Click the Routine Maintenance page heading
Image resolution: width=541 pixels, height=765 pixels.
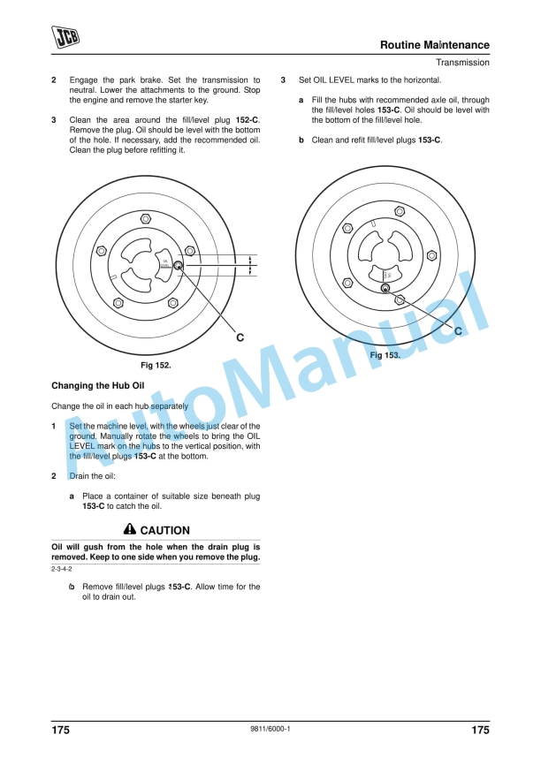434,45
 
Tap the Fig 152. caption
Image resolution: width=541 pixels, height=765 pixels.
156,365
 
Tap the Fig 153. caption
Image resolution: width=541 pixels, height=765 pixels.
385,354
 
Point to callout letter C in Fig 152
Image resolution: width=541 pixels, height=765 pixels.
240,337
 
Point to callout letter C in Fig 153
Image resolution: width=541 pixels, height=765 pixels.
459,330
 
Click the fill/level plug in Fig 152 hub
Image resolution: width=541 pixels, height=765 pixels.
178,266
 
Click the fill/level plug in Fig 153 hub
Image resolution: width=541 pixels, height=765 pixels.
385,288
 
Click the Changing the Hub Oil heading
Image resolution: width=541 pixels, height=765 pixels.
97,386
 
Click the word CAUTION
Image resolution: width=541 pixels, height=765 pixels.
165,531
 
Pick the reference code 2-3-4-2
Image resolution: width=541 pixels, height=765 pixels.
62,570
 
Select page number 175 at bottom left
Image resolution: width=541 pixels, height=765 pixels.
60,730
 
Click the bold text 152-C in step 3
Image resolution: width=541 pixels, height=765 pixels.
248,119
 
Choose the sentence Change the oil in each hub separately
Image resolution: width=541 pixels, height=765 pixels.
119,406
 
